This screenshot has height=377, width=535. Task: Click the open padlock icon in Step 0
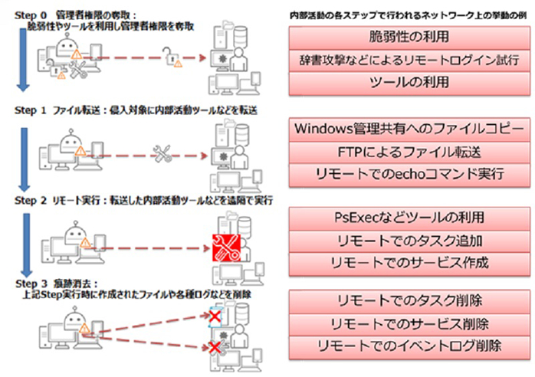(169, 54)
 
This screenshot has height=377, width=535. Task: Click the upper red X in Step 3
(216, 316)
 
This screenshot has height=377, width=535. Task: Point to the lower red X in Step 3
(216, 349)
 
